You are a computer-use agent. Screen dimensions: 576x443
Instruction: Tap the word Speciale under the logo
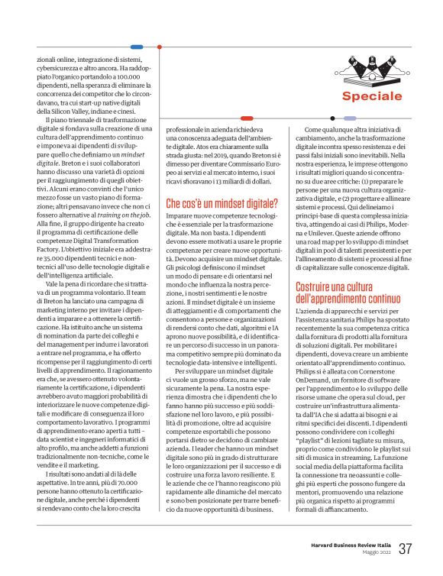pos(371,96)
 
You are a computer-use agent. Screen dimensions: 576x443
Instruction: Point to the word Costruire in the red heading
pos(318,287)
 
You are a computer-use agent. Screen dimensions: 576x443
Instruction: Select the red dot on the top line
pos(159,47)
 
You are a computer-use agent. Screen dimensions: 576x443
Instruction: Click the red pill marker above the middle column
pos(247,118)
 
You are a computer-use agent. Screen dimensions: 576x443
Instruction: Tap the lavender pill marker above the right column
pos(351,118)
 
